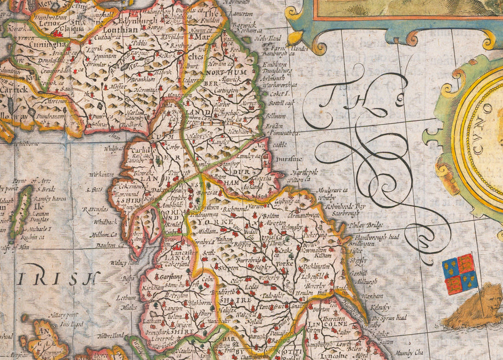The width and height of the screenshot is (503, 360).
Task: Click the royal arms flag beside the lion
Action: [459, 274]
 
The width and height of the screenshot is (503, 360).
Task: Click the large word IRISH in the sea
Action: [58, 278]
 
